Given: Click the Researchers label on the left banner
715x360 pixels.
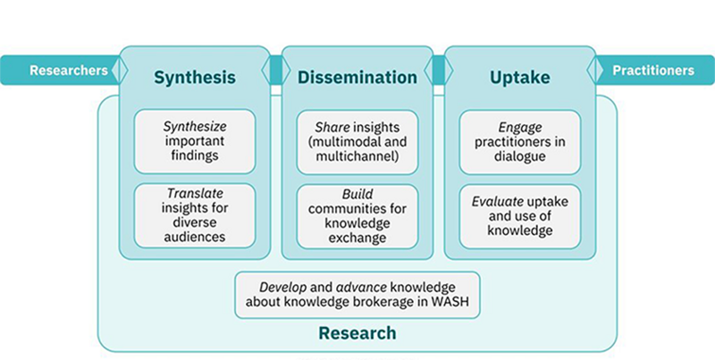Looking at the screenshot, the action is click(x=69, y=71).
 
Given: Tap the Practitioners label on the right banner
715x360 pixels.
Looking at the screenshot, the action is click(x=653, y=71).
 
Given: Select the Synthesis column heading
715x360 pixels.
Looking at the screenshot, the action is click(x=195, y=78).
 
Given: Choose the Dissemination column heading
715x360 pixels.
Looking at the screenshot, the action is click(x=357, y=78).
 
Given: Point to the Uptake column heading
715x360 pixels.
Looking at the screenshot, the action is click(x=520, y=78).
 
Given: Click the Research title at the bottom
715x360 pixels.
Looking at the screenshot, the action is click(x=357, y=333).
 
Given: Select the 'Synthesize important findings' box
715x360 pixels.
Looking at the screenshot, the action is click(x=195, y=141).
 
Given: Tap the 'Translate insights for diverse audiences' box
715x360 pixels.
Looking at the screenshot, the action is click(x=195, y=215).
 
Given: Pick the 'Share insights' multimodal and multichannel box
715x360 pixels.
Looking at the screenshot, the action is click(x=357, y=142).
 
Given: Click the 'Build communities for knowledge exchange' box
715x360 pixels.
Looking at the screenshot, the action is click(x=357, y=216).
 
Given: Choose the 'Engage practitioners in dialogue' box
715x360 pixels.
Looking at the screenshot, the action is click(x=520, y=142).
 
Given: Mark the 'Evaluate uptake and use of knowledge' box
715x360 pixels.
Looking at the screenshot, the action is click(x=520, y=216).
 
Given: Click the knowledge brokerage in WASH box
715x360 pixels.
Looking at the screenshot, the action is click(x=357, y=295).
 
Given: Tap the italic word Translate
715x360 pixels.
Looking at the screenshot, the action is click(x=195, y=193).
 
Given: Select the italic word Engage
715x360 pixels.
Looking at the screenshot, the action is click(x=520, y=127).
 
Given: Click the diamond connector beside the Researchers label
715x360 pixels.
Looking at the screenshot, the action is click(x=120, y=71).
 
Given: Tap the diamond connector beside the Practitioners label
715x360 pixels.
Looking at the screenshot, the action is click(x=595, y=71).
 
